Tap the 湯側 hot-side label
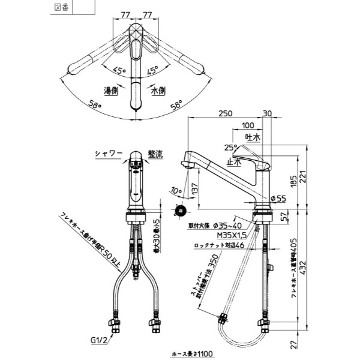tap(111, 91)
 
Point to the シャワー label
tap(108, 154)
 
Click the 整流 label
tap(155, 154)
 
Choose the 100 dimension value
tap(247, 126)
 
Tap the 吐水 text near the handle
tap(253, 137)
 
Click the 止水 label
tap(233, 162)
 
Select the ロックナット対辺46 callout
tap(216, 245)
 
